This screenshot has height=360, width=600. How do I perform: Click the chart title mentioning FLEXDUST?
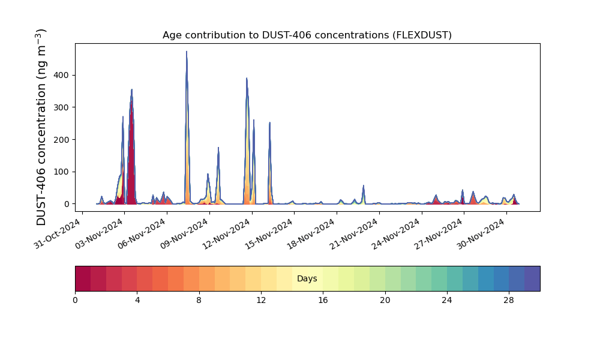(x=307, y=35)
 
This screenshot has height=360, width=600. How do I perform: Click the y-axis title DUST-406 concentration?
(x=41, y=127)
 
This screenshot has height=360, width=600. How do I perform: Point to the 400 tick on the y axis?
(x=61, y=76)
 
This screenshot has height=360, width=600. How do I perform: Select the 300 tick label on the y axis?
(x=61, y=107)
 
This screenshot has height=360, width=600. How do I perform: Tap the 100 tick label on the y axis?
(x=61, y=172)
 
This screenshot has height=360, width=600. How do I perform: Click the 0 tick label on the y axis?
(x=67, y=204)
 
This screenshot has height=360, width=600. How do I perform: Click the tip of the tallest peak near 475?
(x=187, y=51)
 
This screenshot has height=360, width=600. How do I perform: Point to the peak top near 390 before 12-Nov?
(x=247, y=78)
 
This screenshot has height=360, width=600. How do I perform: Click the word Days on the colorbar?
(x=307, y=278)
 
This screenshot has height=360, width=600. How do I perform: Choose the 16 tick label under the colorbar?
(x=323, y=301)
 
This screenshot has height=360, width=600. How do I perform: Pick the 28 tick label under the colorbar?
(x=509, y=301)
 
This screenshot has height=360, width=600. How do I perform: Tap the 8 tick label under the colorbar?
(x=199, y=301)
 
